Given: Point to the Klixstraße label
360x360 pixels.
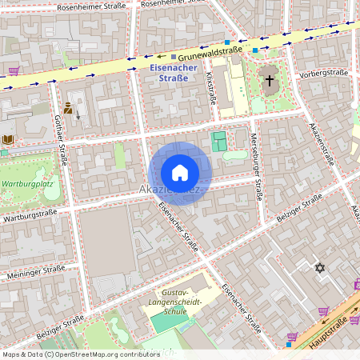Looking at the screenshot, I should pyautogui.click(x=211, y=88).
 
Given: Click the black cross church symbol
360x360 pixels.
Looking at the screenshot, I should pyautogui.click(x=270, y=80).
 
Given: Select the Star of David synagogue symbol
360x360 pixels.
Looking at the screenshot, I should pyautogui.click(x=322, y=269).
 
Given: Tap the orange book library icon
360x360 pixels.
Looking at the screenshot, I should pyautogui.click(x=8, y=139).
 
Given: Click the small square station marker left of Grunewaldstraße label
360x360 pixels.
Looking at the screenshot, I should pyautogui.click(x=173, y=57).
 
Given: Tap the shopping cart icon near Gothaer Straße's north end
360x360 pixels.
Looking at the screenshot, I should pyautogui.click(x=14, y=71).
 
